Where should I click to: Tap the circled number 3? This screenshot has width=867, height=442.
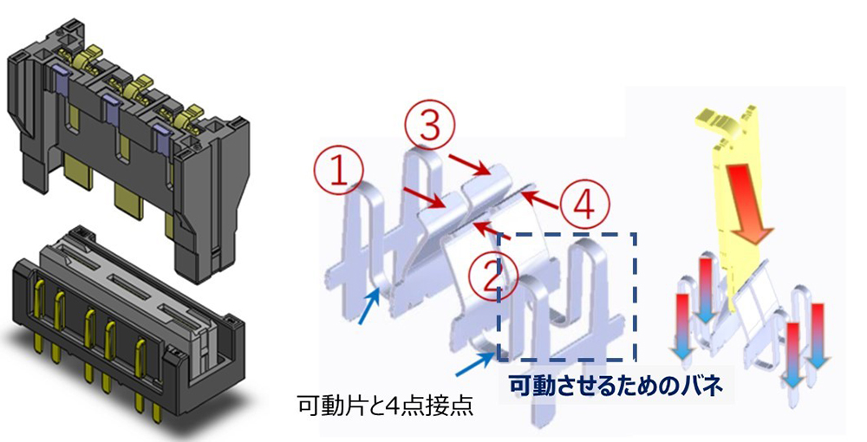click(x=431, y=126)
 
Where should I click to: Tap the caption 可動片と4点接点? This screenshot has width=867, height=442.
click(x=386, y=406)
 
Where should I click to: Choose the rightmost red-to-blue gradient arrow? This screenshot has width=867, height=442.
click(x=818, y=336)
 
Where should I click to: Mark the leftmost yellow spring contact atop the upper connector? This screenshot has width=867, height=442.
click(x=85, y=60)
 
